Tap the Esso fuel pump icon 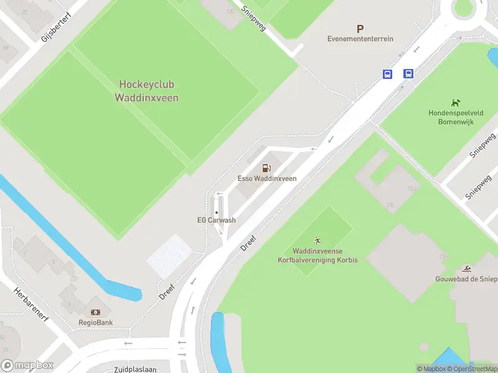[x=266, y=168]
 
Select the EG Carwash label [x=217, y=220]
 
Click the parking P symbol [x=360, y=29]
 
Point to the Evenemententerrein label [x=360, y=39]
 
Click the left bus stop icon [x=387, y=74]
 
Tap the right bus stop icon [x=408, y=74]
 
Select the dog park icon [x=456, y=103]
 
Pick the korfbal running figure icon [x=317, y=241]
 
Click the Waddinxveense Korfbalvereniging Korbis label [x=317, y=255]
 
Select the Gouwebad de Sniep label [x=466, y=279]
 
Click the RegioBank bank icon [x=95, y=312]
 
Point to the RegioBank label [x=95, y=323]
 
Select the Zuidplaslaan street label [x=136, y=369]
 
